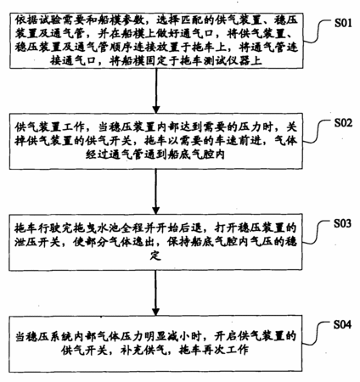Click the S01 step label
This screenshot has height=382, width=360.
(343, 23)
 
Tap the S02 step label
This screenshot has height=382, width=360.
(343, 123)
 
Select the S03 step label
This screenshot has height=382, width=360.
(343, 223)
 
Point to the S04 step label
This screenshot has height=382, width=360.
(342, 324)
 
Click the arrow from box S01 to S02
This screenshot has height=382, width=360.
(156, 91)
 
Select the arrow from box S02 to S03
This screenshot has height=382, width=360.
(156, 192)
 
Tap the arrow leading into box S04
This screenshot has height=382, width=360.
(155, 293)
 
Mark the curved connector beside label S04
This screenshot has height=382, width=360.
(318, 334)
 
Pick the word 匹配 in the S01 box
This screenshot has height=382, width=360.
(186, 20)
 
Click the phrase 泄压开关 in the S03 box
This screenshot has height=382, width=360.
(38, 242)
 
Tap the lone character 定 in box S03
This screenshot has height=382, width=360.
(155, 256)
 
